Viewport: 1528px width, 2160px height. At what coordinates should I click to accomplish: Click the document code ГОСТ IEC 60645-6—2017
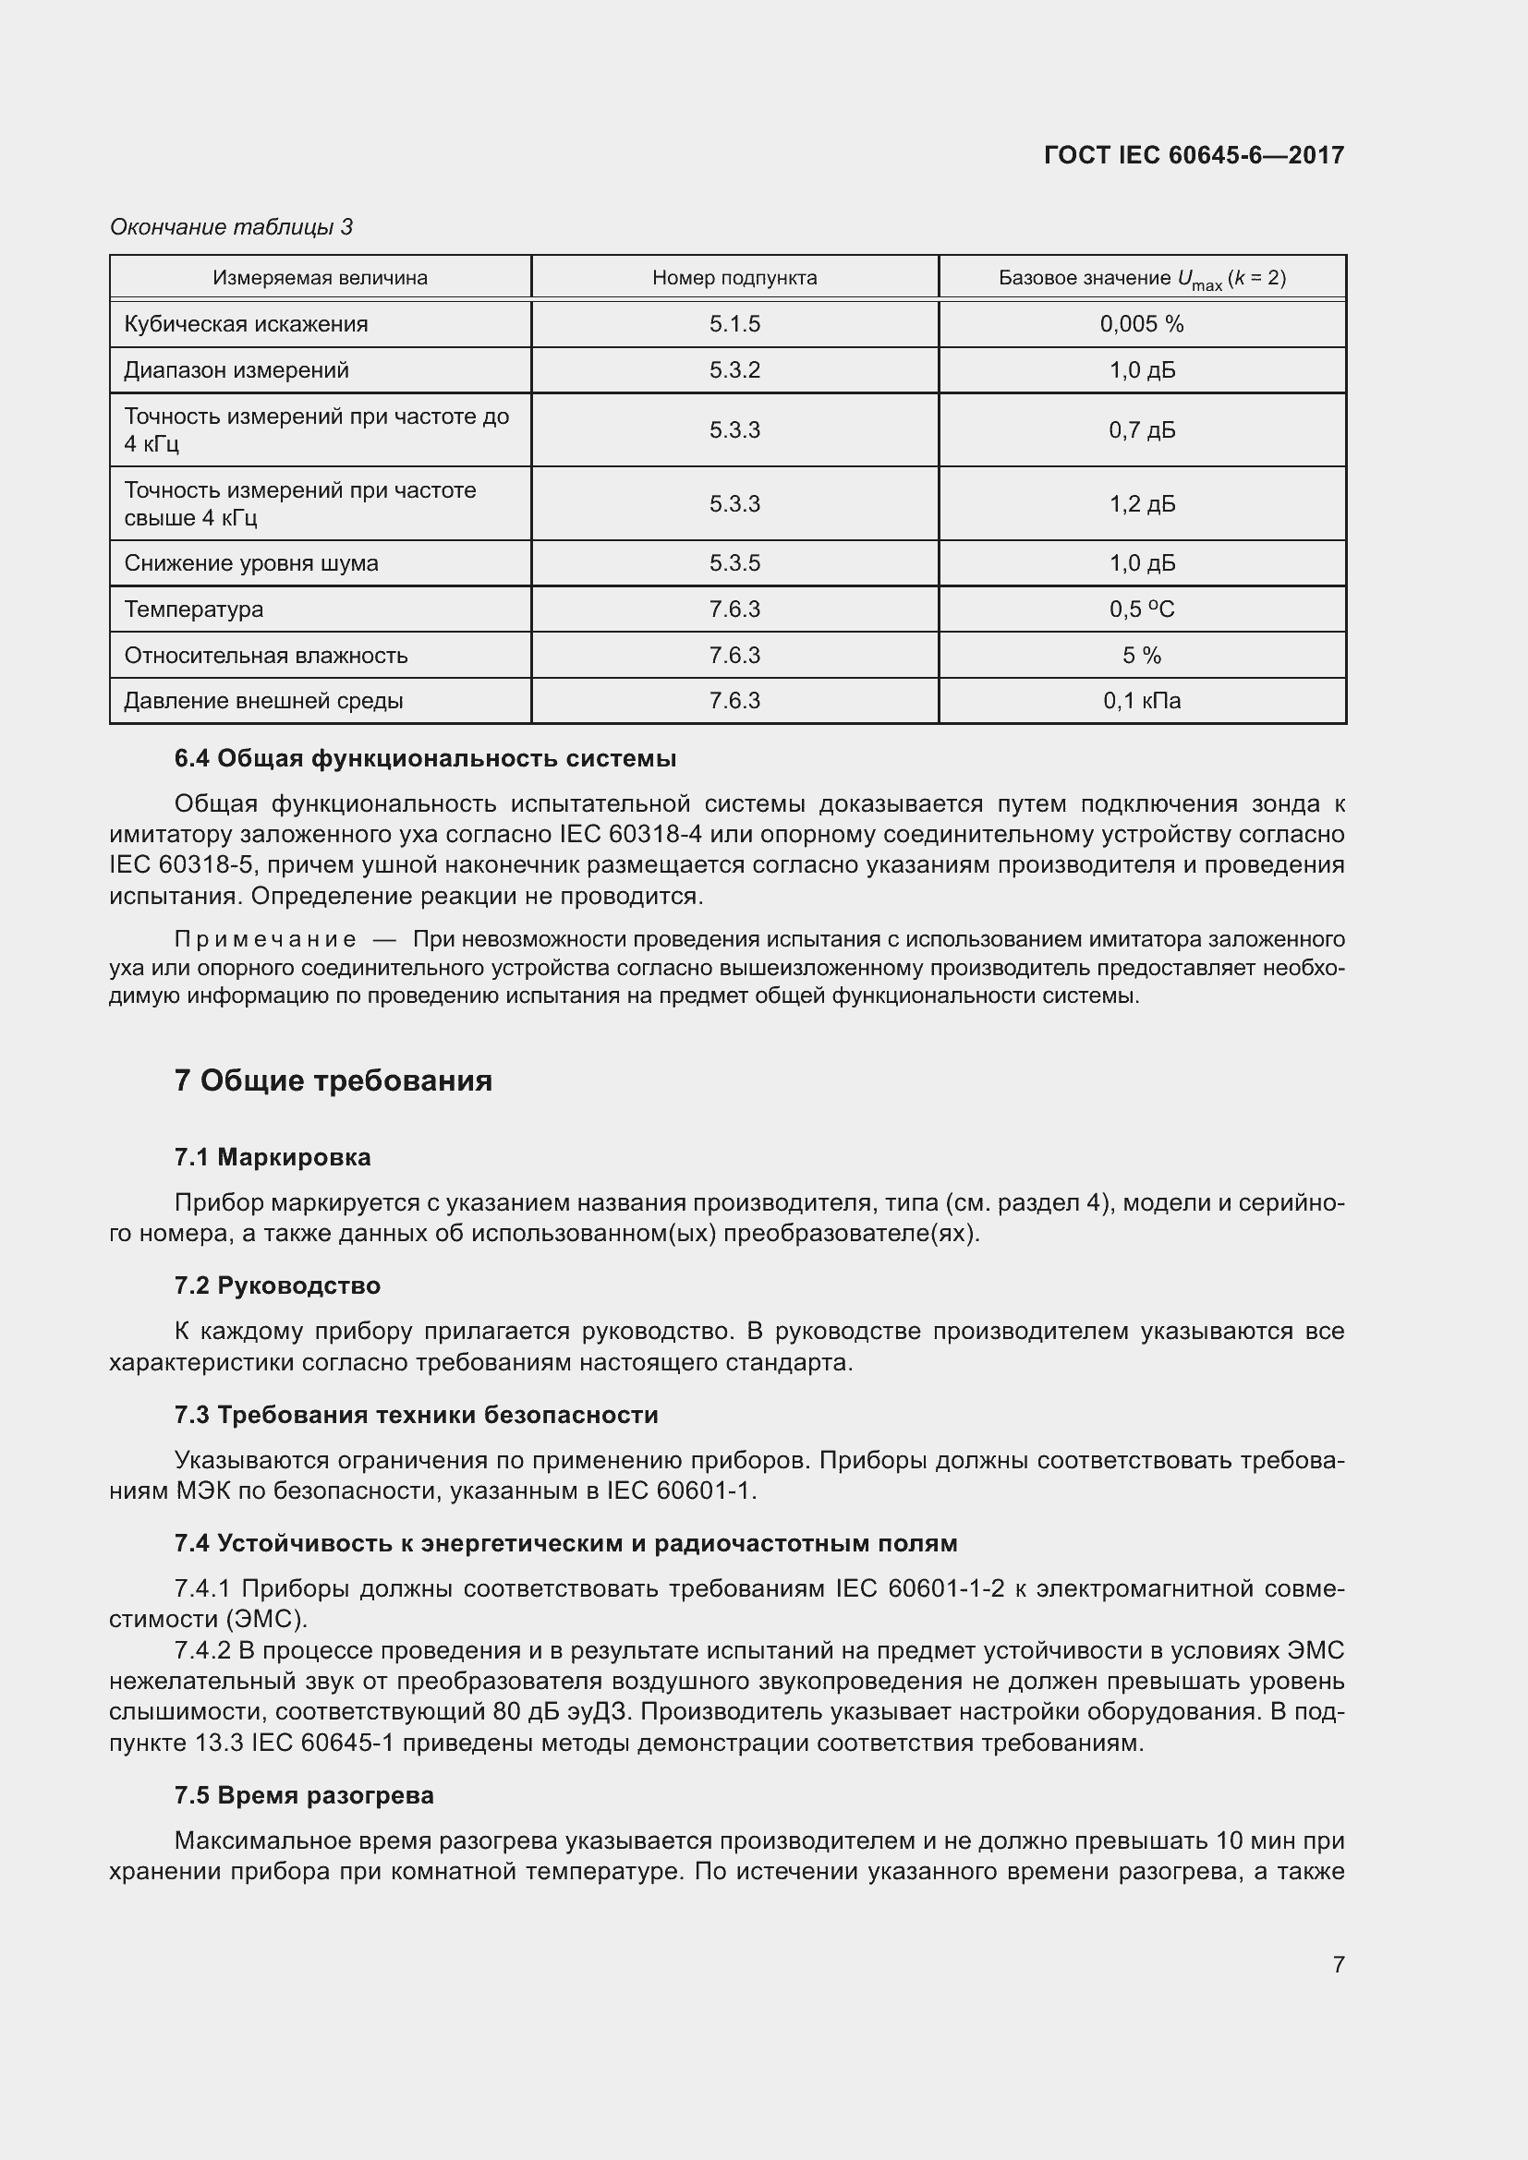[x=1193, y=155]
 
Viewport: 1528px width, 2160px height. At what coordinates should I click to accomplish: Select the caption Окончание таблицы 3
[x=232, y=227]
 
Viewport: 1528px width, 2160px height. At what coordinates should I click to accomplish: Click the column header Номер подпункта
[x=734, y=278]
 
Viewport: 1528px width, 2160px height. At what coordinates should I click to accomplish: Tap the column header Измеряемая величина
[x=320, y=278]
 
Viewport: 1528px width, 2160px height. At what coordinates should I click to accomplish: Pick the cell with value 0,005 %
[x=1141, y=323]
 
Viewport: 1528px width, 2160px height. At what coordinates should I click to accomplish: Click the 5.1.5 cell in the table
[x=734, y=323]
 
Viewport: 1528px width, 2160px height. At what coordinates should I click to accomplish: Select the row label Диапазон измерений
[x=236, y=369]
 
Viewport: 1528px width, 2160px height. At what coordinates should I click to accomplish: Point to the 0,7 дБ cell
[x=1141, y=430]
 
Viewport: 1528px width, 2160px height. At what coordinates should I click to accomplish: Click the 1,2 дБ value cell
[x=1141, y=503]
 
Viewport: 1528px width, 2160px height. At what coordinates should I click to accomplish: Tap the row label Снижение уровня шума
[x=251, y=562]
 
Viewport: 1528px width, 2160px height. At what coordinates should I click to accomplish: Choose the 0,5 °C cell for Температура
[x=1141, y=609]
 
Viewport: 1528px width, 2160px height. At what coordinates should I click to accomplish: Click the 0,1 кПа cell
[x=1141, y=700]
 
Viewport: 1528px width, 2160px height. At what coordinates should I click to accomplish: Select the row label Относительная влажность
[x=265, y=655]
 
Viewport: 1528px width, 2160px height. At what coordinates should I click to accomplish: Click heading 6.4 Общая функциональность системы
[x=425, y=758]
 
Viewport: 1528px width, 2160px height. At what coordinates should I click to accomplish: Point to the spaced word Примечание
[x=265, y=939]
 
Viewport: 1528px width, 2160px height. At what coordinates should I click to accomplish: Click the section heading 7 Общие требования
[x=333, y=1080]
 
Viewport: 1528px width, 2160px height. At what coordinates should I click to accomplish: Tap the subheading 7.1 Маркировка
[x=273, y=1157]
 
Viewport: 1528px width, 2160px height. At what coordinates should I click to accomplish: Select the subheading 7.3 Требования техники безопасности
[x=416, y=1415]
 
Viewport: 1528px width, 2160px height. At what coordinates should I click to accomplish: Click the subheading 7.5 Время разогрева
[x=304, y=1795]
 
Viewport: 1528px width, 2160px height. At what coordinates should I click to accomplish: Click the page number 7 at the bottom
[x=1338, y=1964]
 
